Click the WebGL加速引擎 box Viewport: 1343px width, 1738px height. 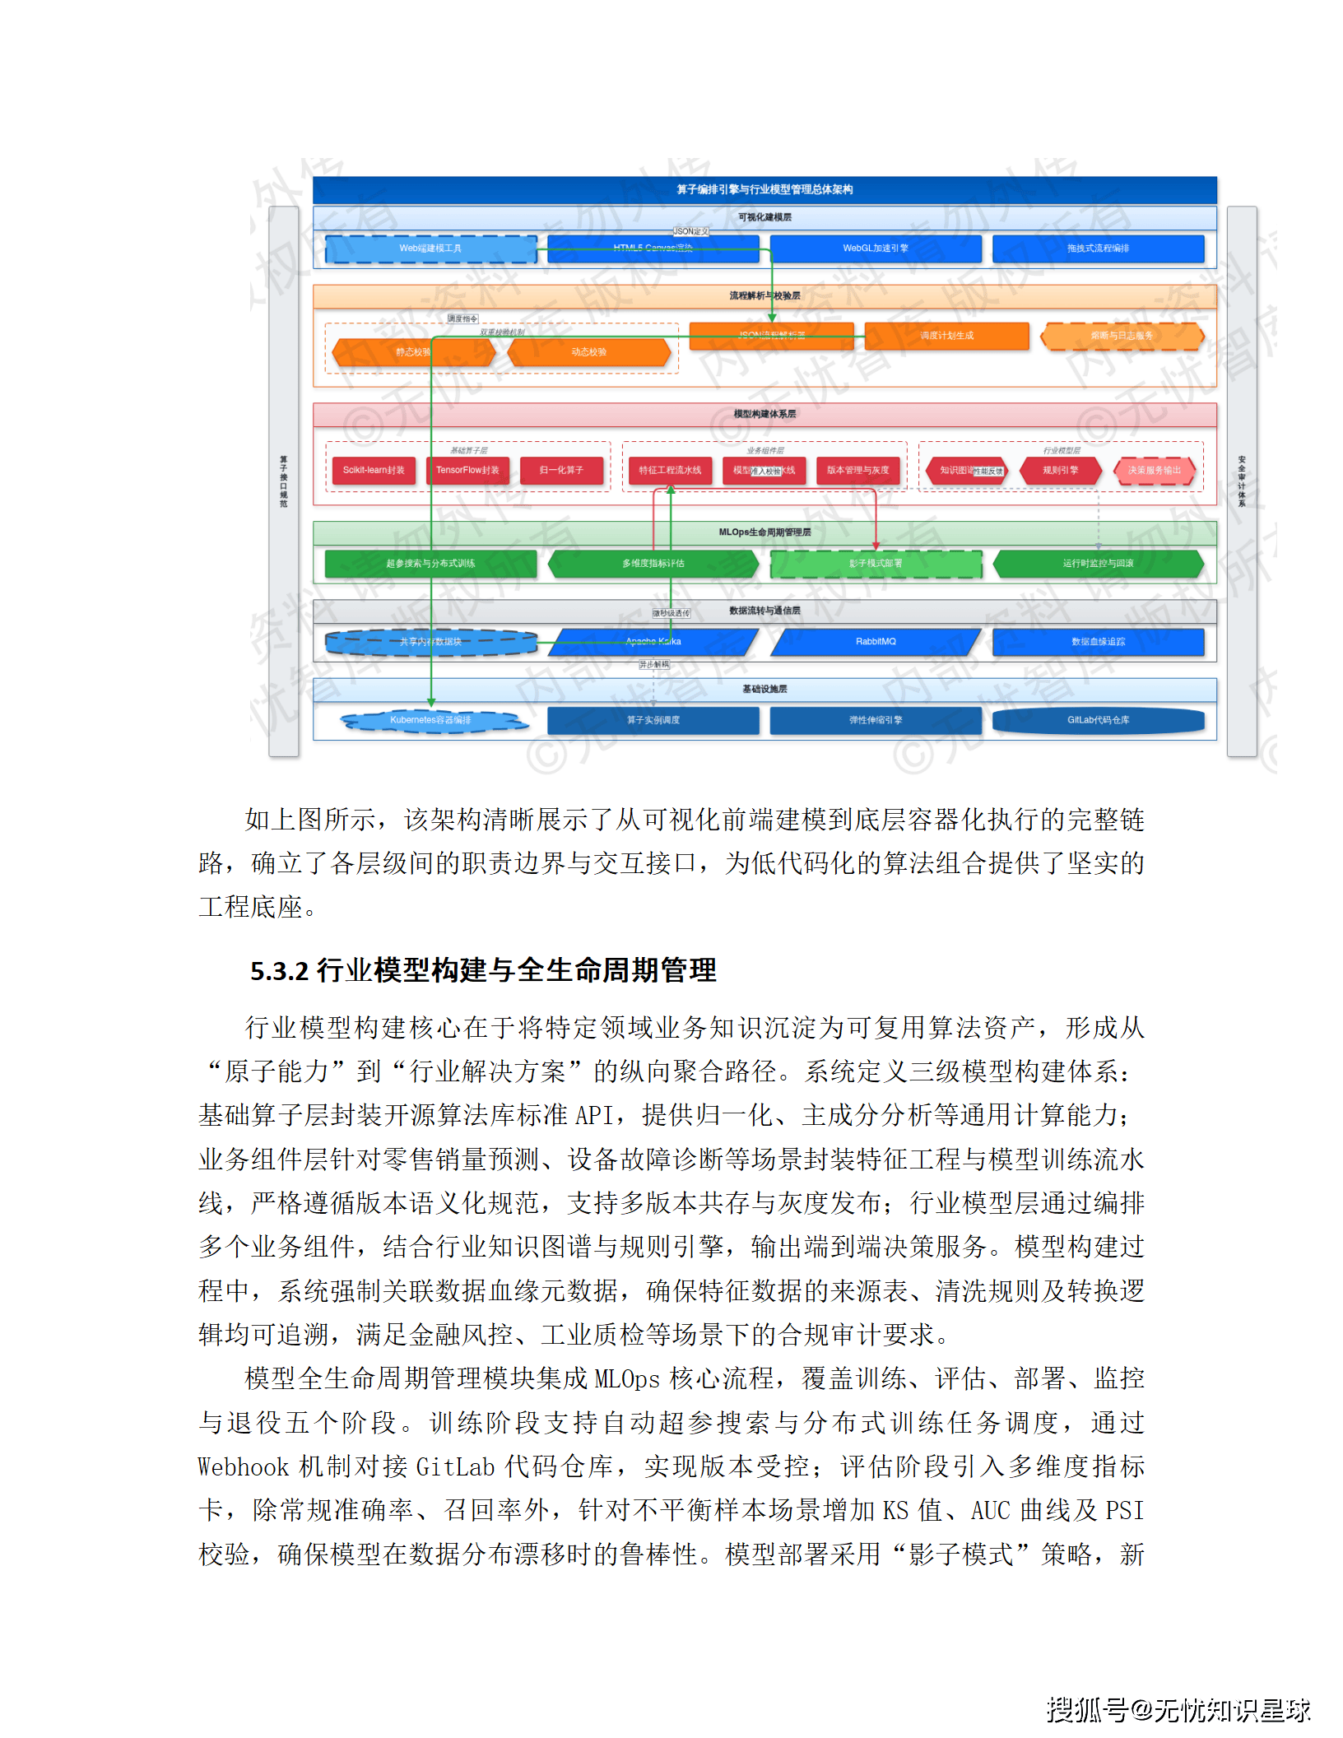(x=876, y=249)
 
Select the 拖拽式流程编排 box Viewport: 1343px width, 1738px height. (x=1098, y=249)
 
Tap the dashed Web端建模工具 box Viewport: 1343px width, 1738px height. (x=430, y=249)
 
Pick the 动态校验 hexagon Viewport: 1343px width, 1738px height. (x=589, y=352)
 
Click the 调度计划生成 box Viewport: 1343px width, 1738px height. (x=946, y=336)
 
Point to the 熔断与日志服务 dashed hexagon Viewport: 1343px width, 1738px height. (x=1122, y=336)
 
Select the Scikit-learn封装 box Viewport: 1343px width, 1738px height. (x=374, y=471)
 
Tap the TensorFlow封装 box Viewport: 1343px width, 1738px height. (x=467, y=471)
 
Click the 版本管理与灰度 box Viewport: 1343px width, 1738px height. (x=857, y=471)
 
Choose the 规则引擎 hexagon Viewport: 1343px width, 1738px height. (x=1060, y=471)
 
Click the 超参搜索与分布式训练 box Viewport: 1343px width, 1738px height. (x=430, y=564)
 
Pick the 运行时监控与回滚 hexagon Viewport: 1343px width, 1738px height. (x=1098, y=564)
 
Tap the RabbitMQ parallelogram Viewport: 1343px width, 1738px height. (x=876, y=642)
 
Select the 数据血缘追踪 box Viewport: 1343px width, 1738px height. (x=1098, y=642)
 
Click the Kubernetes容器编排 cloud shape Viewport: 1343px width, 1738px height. (x=430, y=721)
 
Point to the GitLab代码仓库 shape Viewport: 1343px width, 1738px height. (x=1098, y=721)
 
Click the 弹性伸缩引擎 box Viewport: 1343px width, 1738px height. (x=876, y=721)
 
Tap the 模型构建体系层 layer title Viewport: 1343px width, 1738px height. (x=764, y=414)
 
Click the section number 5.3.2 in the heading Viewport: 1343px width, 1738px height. (x=279, y=972)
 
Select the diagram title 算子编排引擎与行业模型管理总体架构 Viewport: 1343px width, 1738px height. (x=764, y=190)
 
